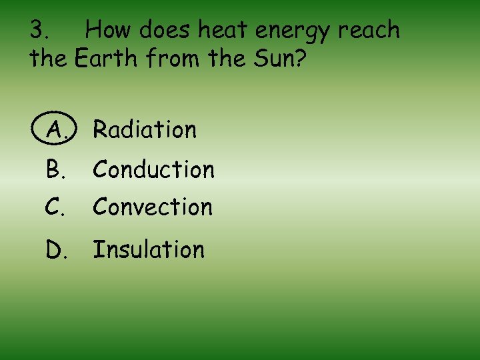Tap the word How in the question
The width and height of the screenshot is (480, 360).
(111, 30)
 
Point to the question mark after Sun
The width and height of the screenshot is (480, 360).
(300, 59)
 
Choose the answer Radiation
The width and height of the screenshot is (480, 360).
(145, 129)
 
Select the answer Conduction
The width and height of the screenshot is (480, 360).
(153, 169)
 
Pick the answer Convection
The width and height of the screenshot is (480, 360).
(153, 207)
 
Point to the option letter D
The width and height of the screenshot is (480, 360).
(55, 249)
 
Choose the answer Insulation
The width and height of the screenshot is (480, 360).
(149, 249)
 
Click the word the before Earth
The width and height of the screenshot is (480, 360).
(48, 59)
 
